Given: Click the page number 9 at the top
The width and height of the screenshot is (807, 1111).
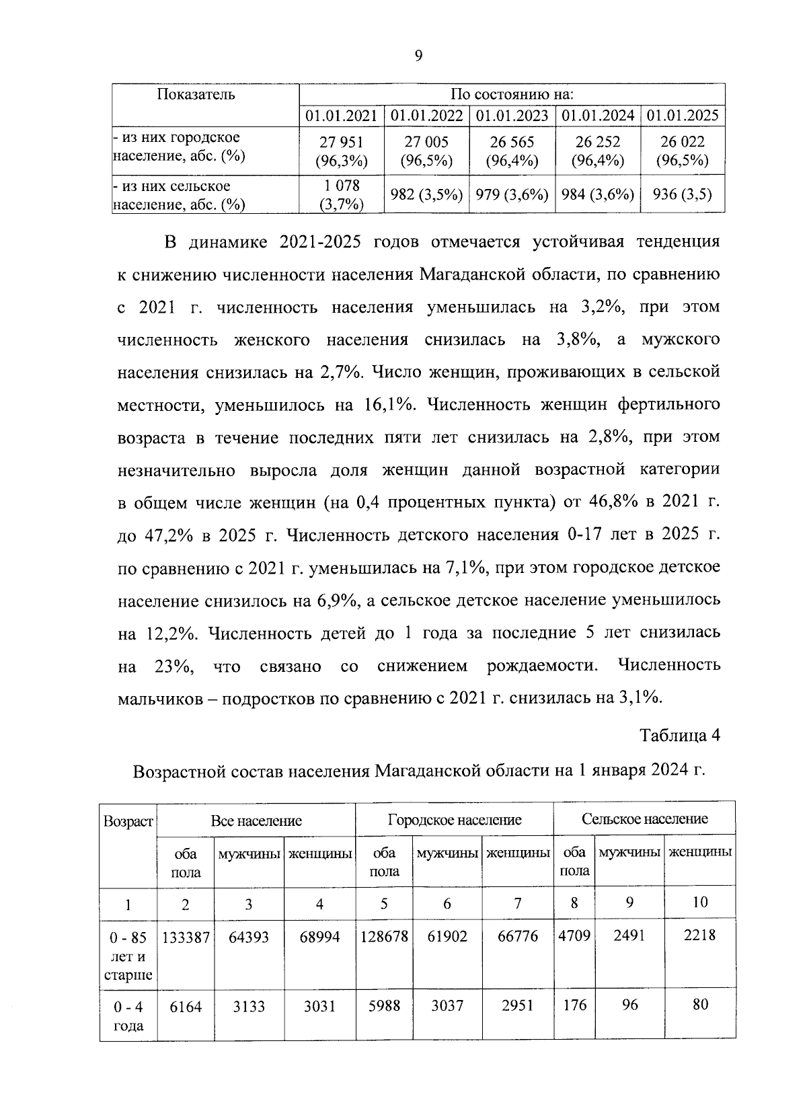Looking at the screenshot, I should coord(418,56).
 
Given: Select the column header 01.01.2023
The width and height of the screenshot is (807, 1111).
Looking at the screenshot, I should coord(512,115).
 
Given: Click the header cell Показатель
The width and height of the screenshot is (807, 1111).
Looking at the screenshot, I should coord(196,94).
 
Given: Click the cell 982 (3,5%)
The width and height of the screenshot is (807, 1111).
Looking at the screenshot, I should coord(427,195).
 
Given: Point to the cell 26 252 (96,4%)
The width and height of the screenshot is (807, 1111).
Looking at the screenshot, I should coord(598,151).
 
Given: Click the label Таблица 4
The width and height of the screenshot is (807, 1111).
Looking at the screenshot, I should coord(680,735).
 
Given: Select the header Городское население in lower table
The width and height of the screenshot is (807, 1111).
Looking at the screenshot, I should coord(455,820).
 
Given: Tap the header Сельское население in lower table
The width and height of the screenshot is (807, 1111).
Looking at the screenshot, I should coord(644,818).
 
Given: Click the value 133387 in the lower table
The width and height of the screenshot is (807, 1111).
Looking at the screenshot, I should coord(186,937).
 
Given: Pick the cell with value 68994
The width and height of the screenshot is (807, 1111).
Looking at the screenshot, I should coord(319,937).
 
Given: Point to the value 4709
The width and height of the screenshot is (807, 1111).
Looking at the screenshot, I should coord(574,935).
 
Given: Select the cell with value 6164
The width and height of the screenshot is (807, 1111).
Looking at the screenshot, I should coord(186,1007).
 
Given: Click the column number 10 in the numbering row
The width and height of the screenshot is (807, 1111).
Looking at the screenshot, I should coord(699,903).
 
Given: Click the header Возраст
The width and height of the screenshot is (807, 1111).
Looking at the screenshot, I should coord(128,822).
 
